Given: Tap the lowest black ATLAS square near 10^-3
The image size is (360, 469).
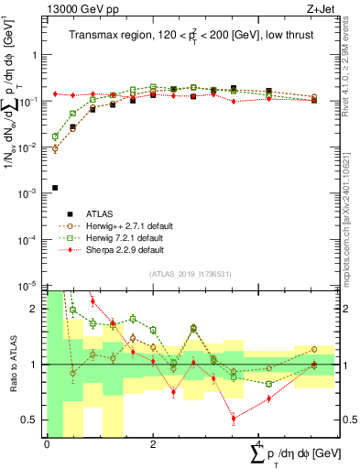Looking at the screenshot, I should [55, 188].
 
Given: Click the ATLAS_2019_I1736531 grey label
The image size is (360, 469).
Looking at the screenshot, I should [196, 274].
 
